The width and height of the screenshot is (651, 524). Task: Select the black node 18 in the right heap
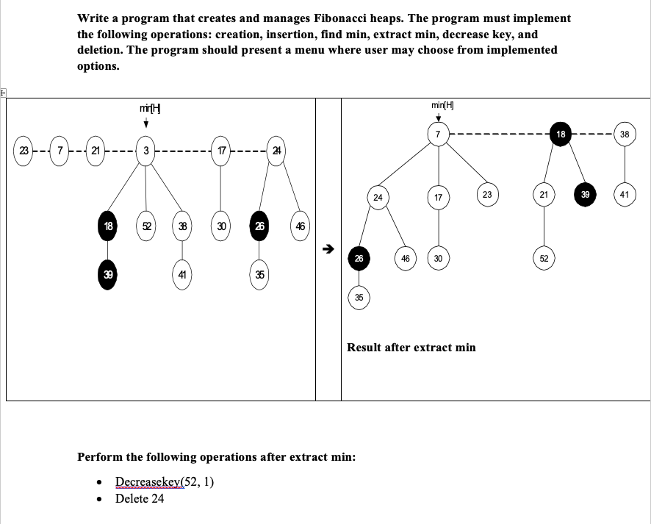click(560, 134)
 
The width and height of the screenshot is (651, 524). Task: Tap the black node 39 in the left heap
click(108, 274)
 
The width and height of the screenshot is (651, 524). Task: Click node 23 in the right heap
click(486, 195)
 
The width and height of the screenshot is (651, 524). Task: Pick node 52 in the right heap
click(544, 259)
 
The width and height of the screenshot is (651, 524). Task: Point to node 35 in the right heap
click(359, 298)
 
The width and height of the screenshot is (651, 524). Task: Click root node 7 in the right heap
click(438, 134)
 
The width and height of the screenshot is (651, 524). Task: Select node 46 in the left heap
click(300, 226)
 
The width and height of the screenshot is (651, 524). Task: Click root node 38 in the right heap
click(625, 134)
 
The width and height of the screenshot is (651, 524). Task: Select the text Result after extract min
click(411, 347)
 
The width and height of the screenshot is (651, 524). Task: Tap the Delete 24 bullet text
click(140, 498)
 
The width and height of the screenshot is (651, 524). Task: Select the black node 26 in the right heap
click(358, 259)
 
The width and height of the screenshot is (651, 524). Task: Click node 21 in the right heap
click(544, 195)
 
